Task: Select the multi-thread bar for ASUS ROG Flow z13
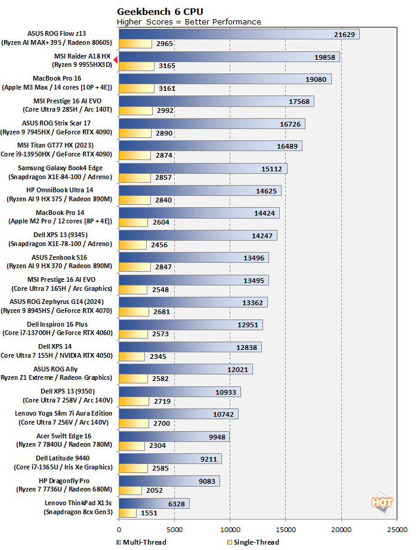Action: (x=239, y=35)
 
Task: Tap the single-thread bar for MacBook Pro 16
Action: (x=137, y=89)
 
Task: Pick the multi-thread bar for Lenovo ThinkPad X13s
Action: (x=154, y=503)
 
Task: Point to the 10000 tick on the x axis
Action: (x=230, y=529)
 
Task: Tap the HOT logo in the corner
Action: (x=382, y=502)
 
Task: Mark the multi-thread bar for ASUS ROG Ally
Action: (x=186, y=369)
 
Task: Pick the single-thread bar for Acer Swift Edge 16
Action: (x=132, y=445)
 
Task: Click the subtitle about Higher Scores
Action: (x=189, y=22)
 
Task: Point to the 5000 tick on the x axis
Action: (x=175, y=529)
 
